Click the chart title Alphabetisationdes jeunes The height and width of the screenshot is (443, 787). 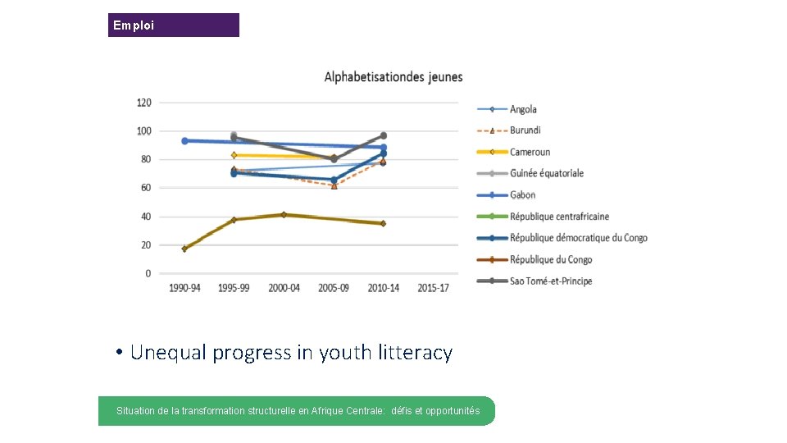pyautogui.click(x=393, y=77)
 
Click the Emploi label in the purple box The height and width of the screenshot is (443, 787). pyautogui.click(x=133, y=25)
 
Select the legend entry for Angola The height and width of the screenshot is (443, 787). pyautogui.click(x=523, y=109)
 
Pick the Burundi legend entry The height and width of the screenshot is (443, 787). pyautogui.click(x=525, y=130)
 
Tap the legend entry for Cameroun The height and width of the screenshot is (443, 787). pyautogui.click(x=530, y=152)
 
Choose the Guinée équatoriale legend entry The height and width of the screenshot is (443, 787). pyautogui.click(x=546, y=173)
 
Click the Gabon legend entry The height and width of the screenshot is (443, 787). pyautogui.click(x=522, y=195)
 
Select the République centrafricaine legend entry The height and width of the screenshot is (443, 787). pyautogui.click(x=559, y=217)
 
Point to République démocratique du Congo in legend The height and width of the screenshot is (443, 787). pyautogui.click(x=578, y=238)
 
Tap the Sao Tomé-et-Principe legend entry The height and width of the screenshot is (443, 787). pyautogui.click(x=550, y=281)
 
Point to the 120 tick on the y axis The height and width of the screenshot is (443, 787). pyautogui.click(x=143, y=103)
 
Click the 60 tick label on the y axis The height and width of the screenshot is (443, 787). pyautogui.click(x=145, y=188)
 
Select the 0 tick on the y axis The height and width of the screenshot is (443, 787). pyautogui.click(x=148, y=273)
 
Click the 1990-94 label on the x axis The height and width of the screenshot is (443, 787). pyautogui.click(x=184, y=288)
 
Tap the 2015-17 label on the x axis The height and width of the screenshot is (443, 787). pyautogui.click(x=433, y=288)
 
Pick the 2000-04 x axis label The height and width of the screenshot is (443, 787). pyautogui.click(x=284, y=288)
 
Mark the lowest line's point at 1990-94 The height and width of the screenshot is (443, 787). pyautogui.click(x=184, y=249)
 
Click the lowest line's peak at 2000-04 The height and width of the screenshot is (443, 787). pyautogui.click(x=284, y=215)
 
